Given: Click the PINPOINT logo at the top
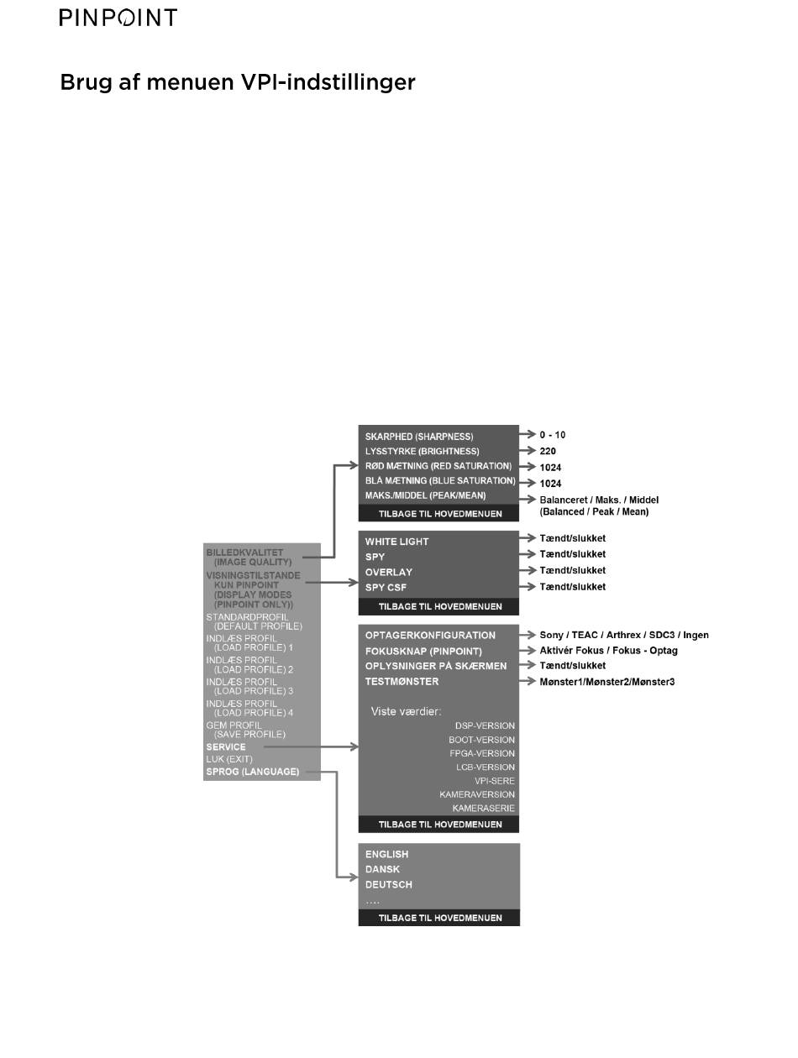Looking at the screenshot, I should pos(118,18).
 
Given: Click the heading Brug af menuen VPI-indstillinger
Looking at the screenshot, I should pos(238,82).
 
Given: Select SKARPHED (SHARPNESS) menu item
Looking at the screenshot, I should pos(419,437).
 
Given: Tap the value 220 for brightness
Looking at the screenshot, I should pos(548,451).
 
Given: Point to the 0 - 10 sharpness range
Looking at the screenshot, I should pos(553,435).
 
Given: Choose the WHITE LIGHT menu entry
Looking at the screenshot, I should pos(396,542).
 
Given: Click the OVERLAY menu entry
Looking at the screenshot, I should pos(388,572).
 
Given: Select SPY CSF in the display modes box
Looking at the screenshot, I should pos(386,587).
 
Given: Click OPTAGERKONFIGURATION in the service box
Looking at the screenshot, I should pos(430,635).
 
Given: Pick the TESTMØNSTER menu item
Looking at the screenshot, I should pos(402,681).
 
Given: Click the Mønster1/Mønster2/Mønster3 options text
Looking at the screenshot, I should pos(606,682).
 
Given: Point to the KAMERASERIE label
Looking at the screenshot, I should pos(483,808).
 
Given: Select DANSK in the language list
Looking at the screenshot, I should pos(382,869).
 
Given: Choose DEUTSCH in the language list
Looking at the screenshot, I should pos(388,884).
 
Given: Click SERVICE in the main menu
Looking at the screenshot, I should pos(226,746).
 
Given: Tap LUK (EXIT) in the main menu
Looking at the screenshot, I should pos(228,758).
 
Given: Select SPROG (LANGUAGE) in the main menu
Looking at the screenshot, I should pos(253,771).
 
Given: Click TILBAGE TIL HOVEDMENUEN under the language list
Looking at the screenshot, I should pos(439,918).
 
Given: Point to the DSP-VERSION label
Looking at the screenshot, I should pos(485,725).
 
